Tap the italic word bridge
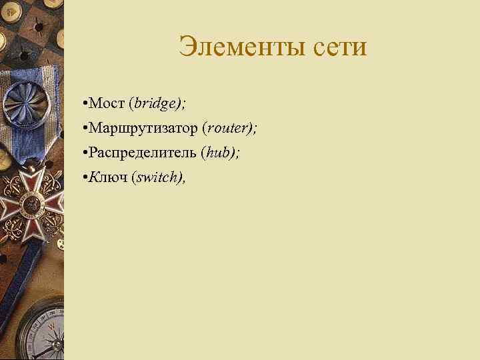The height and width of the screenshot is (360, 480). (x=155, y=103)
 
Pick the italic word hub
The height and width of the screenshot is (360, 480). (x=217, y=153)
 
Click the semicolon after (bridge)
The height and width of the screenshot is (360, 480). (x=184, y=105)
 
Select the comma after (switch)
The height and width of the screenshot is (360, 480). (x=183, y=180)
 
